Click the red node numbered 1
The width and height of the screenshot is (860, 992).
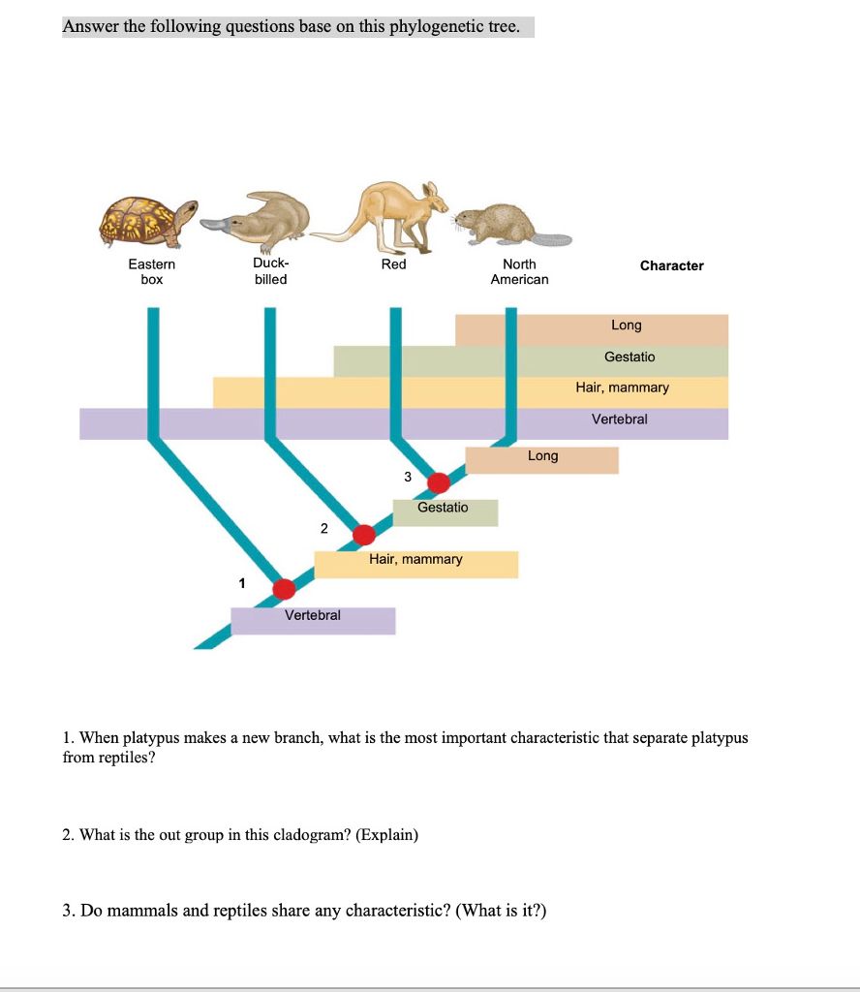[x=284, y=588]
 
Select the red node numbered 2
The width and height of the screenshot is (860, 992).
[x=364, y=535]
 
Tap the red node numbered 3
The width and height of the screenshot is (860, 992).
[x=439, y=482]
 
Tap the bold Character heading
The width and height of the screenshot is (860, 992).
[x=671, y=265]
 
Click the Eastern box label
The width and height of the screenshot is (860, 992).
[x=152, y=271]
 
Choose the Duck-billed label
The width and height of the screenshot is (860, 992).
[x=270, y=271]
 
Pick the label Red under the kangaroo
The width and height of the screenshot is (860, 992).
[x=393, y=264]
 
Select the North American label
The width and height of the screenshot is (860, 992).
[x=519, y=271]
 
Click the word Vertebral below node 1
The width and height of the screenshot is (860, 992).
[x=312, y=615]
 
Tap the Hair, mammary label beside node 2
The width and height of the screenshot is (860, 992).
[x=415, y=559]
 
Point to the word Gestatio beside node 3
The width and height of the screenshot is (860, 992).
[x=443, y=507]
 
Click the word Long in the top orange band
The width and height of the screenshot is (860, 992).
[x=626, y=325]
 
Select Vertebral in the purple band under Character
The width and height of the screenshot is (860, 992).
[x=620, y=418]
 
